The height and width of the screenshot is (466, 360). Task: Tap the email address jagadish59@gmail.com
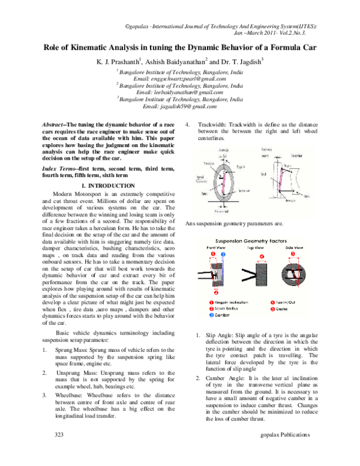click(179, 106)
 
